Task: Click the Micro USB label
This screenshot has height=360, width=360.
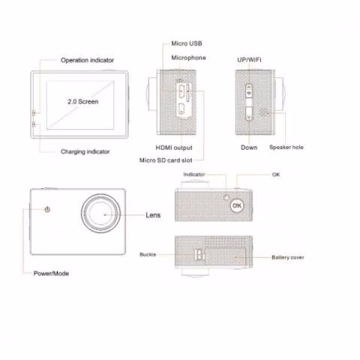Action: coord(187,43)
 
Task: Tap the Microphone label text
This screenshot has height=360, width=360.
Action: coord(188,58)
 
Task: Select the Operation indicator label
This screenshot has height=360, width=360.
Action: coord(87,60)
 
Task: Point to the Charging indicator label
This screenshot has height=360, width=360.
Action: coord(85,151)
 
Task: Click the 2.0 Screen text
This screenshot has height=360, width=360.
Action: coord(82,101)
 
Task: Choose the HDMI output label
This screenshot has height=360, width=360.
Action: coord(174,148)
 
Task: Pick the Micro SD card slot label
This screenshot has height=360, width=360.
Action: coord(166,160)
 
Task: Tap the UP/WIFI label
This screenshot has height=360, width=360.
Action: coord(249,60)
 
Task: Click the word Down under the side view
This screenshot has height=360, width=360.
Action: coord(249,148)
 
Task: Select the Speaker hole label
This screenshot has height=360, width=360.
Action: coord(286,147)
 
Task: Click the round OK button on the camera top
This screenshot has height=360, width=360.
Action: coord(237,205)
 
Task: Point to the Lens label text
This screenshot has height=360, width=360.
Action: coord(153,215)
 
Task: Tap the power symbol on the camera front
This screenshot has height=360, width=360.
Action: coord(47,209)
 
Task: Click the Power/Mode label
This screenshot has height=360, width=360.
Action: coord(51,274)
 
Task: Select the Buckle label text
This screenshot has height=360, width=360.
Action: coord(148,254)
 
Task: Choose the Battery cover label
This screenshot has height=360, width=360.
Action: coord(288,257)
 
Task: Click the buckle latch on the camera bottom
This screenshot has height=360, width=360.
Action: coord(199,255)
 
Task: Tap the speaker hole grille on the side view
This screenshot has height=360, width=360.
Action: coord(263,112)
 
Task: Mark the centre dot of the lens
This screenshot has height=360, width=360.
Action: coord(105,214)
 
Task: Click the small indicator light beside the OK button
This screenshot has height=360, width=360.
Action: coord(226,197)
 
